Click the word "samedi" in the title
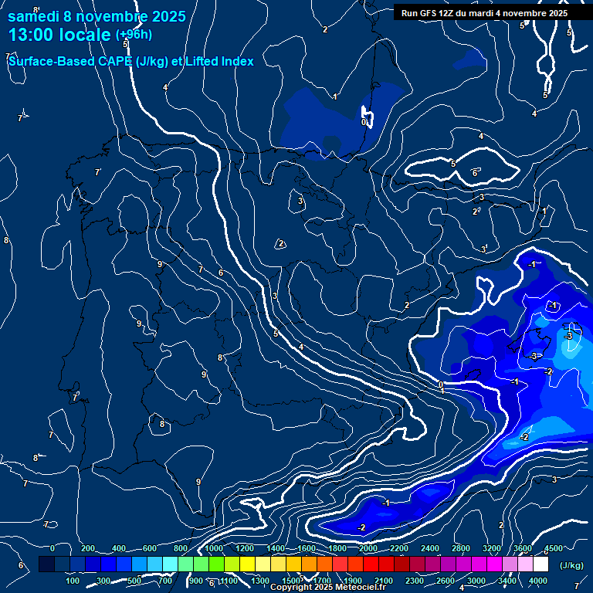33,15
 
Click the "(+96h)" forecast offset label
134,35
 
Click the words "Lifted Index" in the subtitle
219,61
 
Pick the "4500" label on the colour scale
554,548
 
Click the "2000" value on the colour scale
368,548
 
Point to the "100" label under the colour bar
73,581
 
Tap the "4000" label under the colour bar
538,581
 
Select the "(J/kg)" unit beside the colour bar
571,566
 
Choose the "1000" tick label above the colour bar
214,548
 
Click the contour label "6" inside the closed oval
475,173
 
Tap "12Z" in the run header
449,13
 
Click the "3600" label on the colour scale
523,548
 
